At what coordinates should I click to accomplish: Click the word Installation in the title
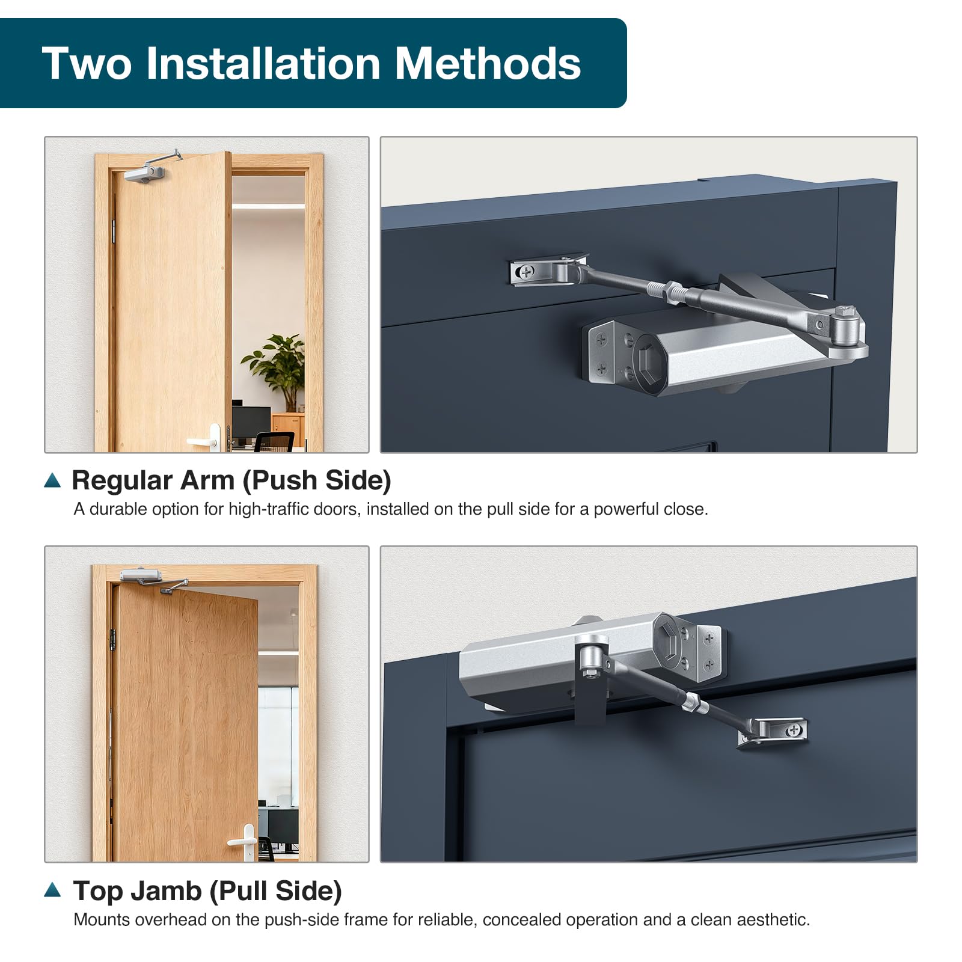263,63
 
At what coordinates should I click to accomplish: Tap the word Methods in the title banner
488,63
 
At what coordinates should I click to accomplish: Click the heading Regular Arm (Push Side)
231,480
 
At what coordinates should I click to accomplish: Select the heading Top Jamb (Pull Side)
207,891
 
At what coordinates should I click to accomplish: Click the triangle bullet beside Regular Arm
53,480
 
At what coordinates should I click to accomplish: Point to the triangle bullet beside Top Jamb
53,890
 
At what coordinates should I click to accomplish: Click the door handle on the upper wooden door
204,439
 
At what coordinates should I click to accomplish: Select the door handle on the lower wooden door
245,839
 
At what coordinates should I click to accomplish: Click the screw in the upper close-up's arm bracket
525,272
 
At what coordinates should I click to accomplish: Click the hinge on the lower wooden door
111,638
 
